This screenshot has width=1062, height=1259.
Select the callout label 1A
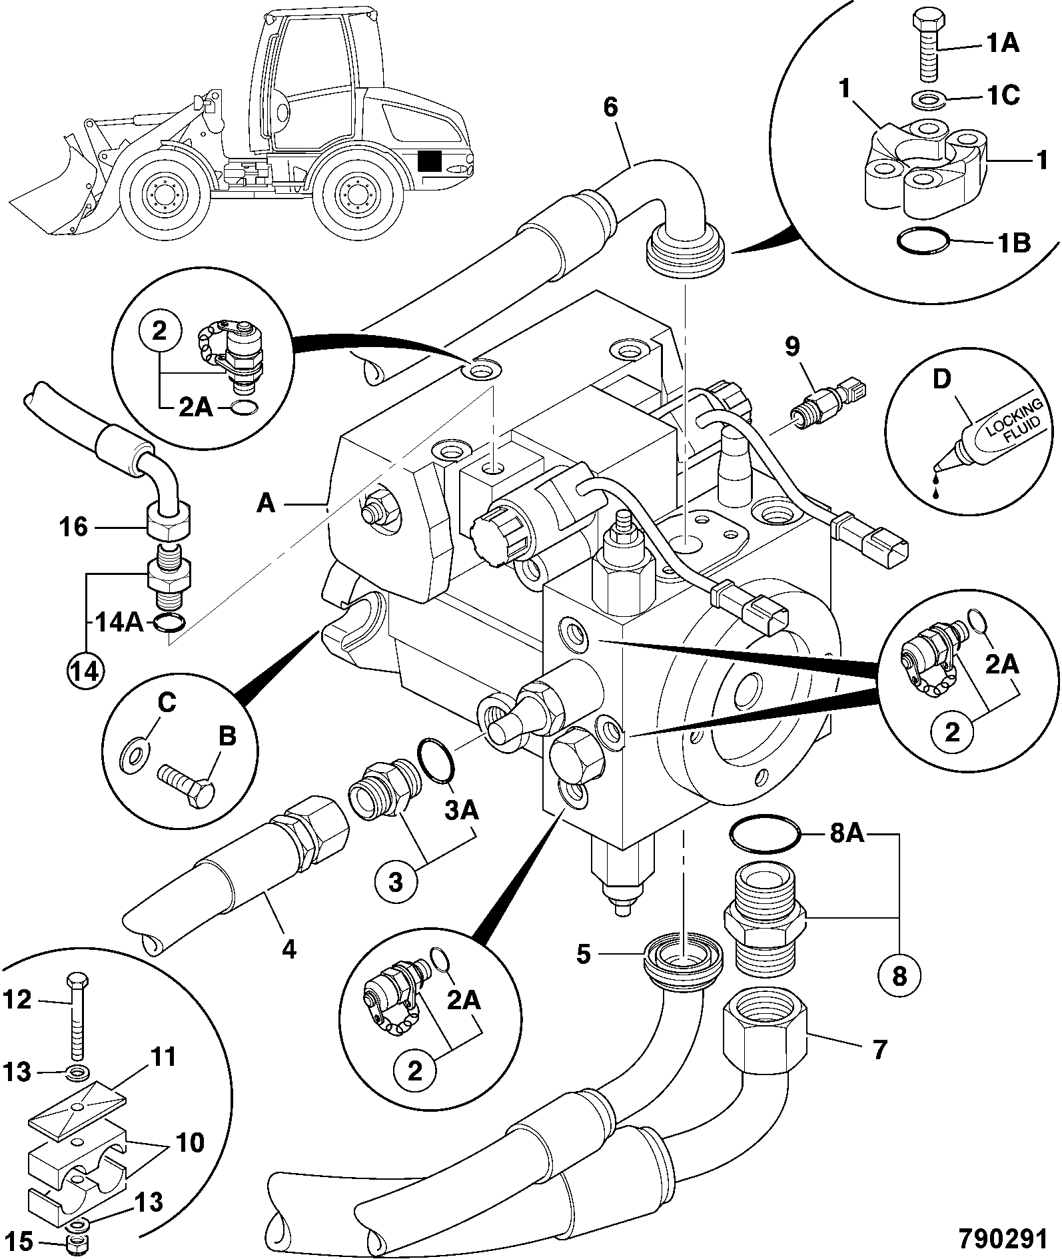(1003, 43)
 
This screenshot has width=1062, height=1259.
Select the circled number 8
(899, 977)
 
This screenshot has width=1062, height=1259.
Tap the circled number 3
(395, 883)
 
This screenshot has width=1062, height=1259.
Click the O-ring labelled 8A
(765, 834)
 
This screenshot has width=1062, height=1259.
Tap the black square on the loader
(430, 161)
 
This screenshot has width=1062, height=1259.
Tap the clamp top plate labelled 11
(75, 1110)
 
